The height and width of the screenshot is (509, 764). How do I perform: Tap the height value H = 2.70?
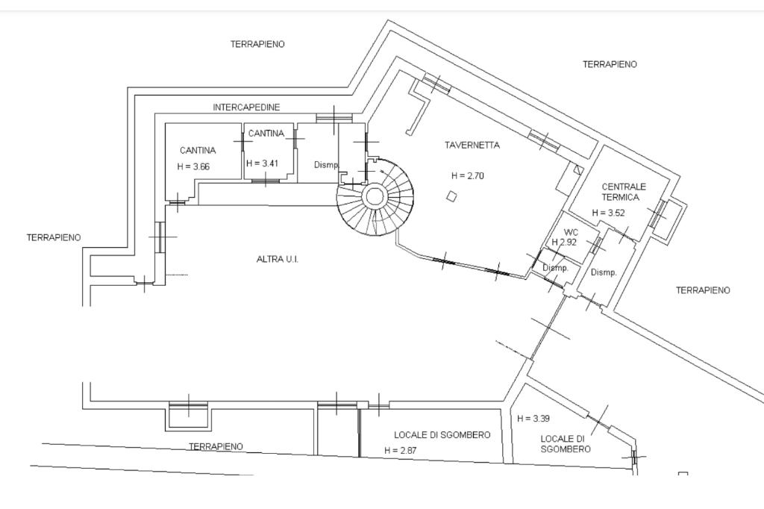point(468,176)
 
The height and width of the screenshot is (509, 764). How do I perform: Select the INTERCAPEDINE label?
point(246,107)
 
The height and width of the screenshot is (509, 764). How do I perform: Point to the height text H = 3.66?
point(193,166)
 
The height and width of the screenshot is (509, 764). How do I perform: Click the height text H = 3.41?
point(262,163)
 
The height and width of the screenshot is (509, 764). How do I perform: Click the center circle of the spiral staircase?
point(375,196)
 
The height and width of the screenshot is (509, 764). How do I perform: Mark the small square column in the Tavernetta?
point(452,196)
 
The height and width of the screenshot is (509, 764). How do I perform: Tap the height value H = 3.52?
point(608,213)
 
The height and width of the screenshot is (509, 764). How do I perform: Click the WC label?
point(571,232)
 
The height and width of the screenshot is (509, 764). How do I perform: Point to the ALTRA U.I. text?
point(278,260)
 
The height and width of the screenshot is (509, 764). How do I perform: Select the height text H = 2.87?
point(401,451)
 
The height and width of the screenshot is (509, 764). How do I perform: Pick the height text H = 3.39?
point(533,418)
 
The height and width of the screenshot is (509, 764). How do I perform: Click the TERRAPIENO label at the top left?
point(257,44)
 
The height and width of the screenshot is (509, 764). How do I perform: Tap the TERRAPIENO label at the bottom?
point(216,446)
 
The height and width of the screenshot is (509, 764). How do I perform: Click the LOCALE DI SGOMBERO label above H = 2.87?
point(442,435)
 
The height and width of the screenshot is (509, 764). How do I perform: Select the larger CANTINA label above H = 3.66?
point(198,151)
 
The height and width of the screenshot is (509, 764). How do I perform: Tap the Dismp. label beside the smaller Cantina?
point(326,165)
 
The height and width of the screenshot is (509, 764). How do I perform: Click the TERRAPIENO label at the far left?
point(54,238)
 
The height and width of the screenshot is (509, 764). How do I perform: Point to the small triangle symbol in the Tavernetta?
point(578,170)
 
